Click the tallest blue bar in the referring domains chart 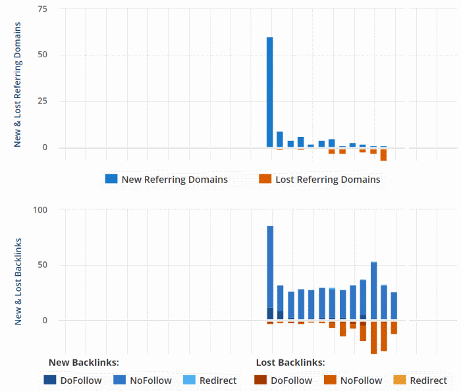point(270,92)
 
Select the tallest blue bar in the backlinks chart point(270,270)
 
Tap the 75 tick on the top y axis point(43,10)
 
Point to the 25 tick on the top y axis point(43,101)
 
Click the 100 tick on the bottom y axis point(40,210)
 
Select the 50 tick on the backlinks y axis point(43,265)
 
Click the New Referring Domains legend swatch point(111,179)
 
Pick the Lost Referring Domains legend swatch point(265,179)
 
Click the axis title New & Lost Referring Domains point(18,84)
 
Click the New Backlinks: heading point(84,362)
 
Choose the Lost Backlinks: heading point(290,362)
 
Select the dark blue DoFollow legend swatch point(50,380)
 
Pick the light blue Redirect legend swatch point(188,380)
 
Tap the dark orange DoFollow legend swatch point(261,380)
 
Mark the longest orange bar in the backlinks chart point(373,338)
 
